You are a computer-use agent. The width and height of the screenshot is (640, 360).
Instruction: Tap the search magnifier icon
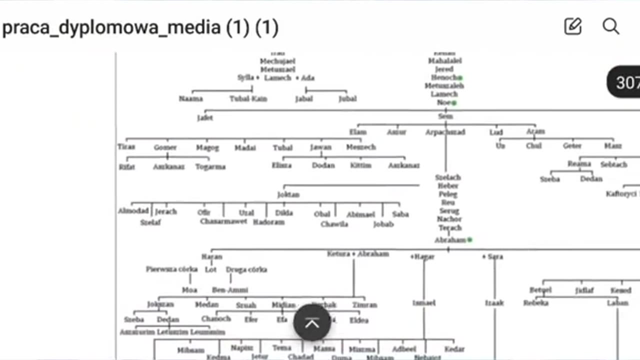tap(610, 26)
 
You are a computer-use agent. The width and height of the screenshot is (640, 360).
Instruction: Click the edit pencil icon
tap(573, 26)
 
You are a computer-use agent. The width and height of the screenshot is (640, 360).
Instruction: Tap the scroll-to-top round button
tap(312, 323)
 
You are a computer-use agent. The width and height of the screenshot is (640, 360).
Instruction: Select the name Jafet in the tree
tap(205, 118)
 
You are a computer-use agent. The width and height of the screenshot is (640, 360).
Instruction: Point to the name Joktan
tap(288, 194)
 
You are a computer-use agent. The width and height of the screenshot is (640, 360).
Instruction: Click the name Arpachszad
tap(445, 132)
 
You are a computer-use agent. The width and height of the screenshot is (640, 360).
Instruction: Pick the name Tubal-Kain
tap(248, 99)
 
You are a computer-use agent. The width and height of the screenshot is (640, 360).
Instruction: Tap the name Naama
tap(190, 99)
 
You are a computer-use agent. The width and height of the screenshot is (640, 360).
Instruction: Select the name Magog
tap(207, 147)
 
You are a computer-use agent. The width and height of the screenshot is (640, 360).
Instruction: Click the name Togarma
tap(210, 166)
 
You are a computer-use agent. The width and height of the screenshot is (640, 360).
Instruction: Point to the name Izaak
tap(494, 303)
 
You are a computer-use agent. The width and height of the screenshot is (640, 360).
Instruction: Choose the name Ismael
tap(424, 303)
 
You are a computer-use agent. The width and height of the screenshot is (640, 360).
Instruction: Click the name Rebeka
tap(536, 303)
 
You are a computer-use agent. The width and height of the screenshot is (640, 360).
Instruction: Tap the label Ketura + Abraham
tap(357, 254)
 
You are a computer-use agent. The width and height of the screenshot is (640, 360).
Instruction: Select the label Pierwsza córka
tap(172, 269)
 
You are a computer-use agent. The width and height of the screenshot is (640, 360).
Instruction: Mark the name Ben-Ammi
tap(230, 290)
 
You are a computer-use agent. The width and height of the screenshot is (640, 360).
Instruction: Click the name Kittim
tap(361, 165)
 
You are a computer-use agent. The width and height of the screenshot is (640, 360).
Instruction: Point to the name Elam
tap(358, 132)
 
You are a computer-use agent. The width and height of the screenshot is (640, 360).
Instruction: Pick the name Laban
tap(617, 303)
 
